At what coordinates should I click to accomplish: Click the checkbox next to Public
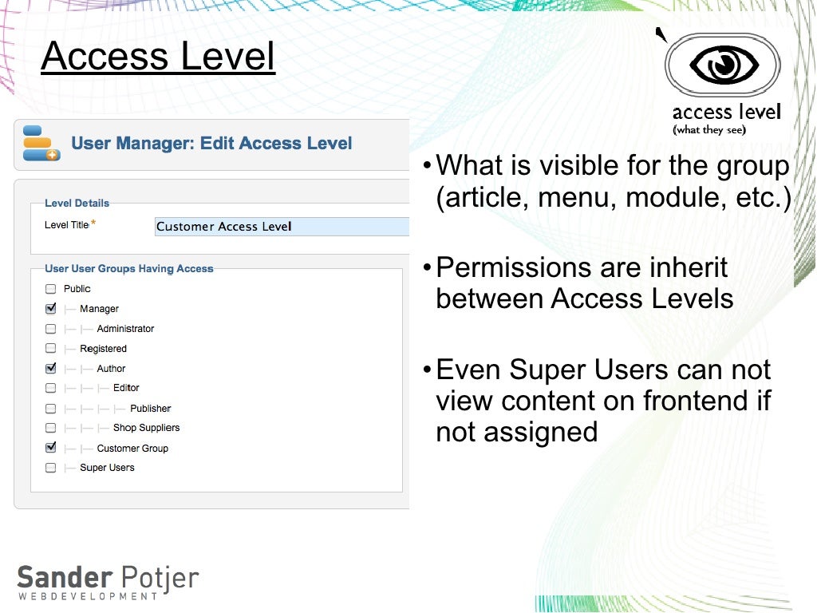point(51,289)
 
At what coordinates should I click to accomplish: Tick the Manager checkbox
point(51,309)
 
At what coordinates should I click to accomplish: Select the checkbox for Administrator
point(51,329)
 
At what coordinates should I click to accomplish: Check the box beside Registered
point(51,349)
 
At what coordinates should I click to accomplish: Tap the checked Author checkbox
point(51,369)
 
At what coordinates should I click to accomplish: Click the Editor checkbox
point(51,388)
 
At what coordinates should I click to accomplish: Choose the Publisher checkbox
point(51,408)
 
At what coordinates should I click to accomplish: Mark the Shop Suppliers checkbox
point(51,428)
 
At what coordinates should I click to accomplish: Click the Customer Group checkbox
point(51,448)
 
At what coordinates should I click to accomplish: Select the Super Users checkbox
point(51,468)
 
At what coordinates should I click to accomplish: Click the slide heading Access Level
point(158,57)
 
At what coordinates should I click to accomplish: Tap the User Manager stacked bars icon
point(41,144)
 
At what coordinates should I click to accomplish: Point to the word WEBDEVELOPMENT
point(88,596)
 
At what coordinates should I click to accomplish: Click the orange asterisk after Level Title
point(93,223)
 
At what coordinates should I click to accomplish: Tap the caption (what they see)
point(709,129)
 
